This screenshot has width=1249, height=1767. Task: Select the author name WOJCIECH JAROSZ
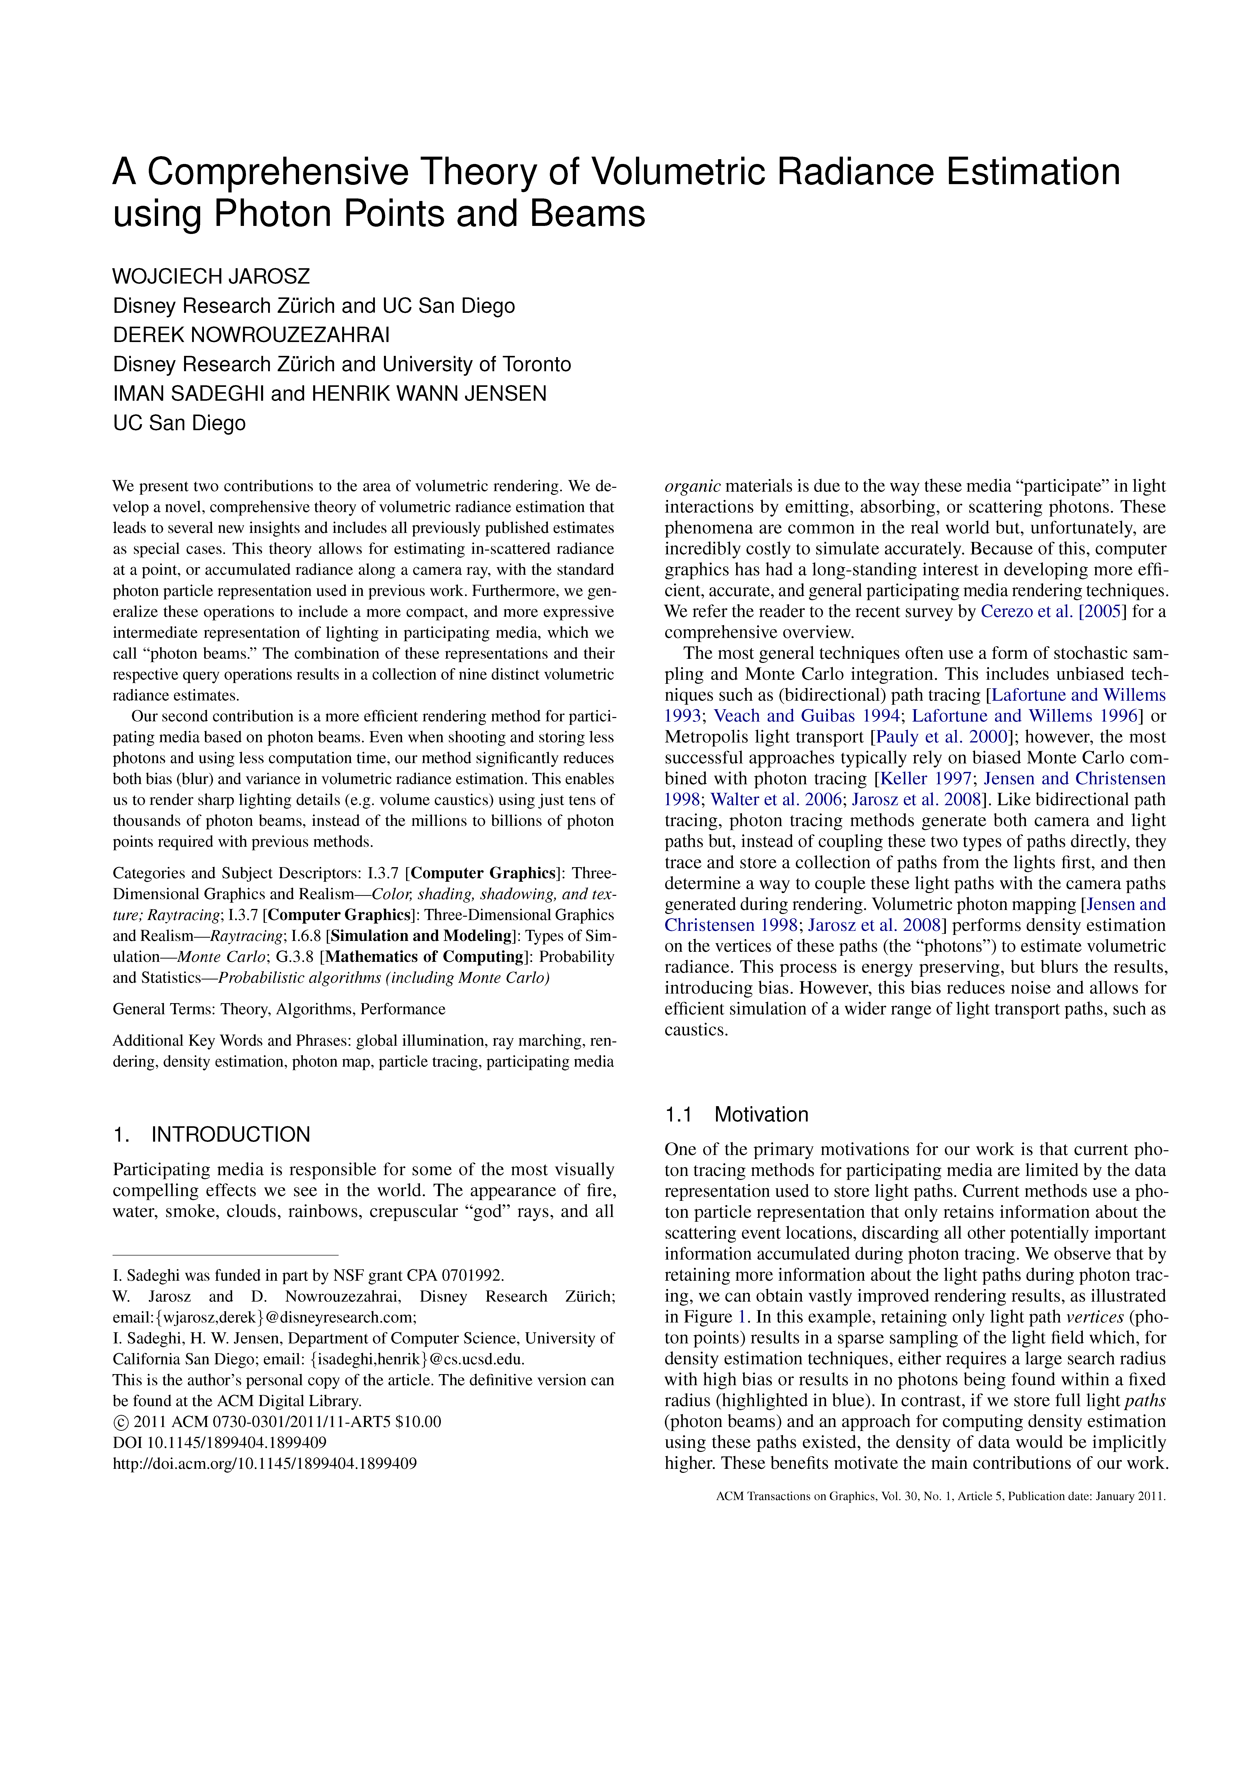tap(211, 276)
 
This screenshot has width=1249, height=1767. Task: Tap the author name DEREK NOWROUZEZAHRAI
tap(251, 335)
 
